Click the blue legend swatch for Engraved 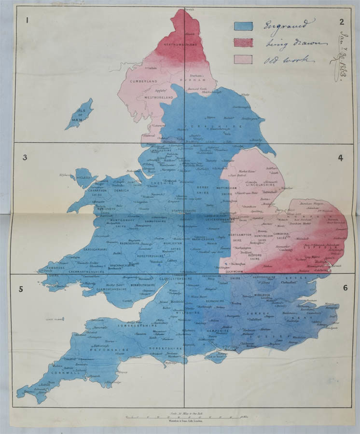coord(244,26)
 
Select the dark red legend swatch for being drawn coord(244,43)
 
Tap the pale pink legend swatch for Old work coord(244,60)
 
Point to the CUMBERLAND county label coord(141,82)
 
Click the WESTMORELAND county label coord(157,98)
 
